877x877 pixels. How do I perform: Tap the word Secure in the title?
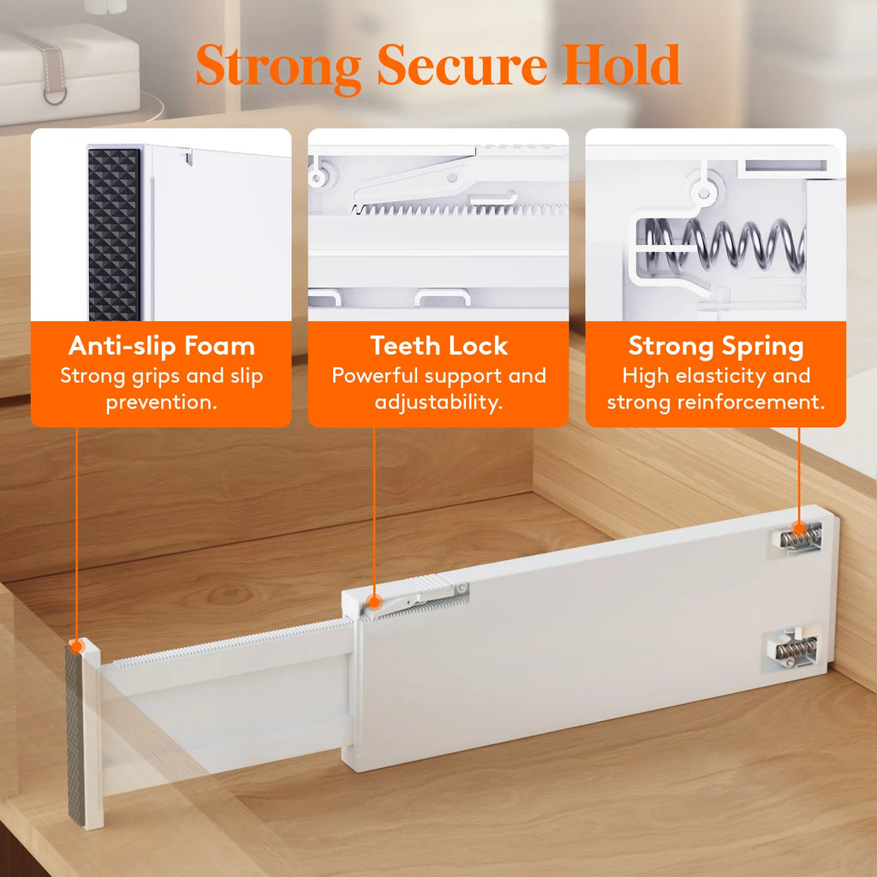click(462, 65)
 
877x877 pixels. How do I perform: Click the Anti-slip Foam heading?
click(161, 346)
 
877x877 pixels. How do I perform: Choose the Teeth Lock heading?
click(438, 346)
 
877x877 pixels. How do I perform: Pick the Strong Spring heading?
click(716, 346)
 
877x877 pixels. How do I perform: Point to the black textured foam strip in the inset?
click(114, 234)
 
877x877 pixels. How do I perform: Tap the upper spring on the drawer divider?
click(801, 538)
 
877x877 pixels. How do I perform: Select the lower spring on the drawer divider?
click(797, 651)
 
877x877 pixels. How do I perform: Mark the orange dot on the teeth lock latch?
click(374, 602)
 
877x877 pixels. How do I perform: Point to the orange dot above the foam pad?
click(77, 645)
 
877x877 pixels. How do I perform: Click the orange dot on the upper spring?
click(799, 527)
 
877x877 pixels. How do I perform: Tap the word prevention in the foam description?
click(161, 403)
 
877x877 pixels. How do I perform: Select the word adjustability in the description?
click(438, 403)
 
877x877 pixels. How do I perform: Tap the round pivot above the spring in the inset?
click(704, 190)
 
